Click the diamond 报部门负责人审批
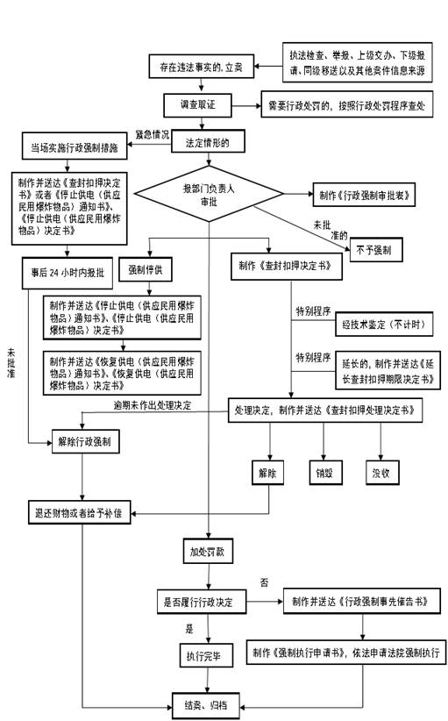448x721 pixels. (209, 194)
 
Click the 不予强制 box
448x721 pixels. (373, 250)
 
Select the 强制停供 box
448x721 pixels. (146, 269)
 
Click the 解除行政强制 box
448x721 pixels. (85, 444)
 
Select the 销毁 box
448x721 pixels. (324, 473)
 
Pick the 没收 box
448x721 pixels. (381, 473)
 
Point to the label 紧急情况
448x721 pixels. (153, 134)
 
